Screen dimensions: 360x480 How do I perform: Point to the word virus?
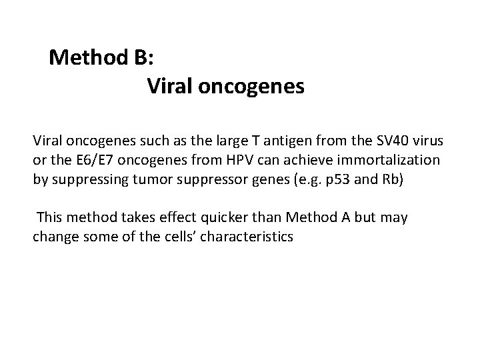point(423,141)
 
